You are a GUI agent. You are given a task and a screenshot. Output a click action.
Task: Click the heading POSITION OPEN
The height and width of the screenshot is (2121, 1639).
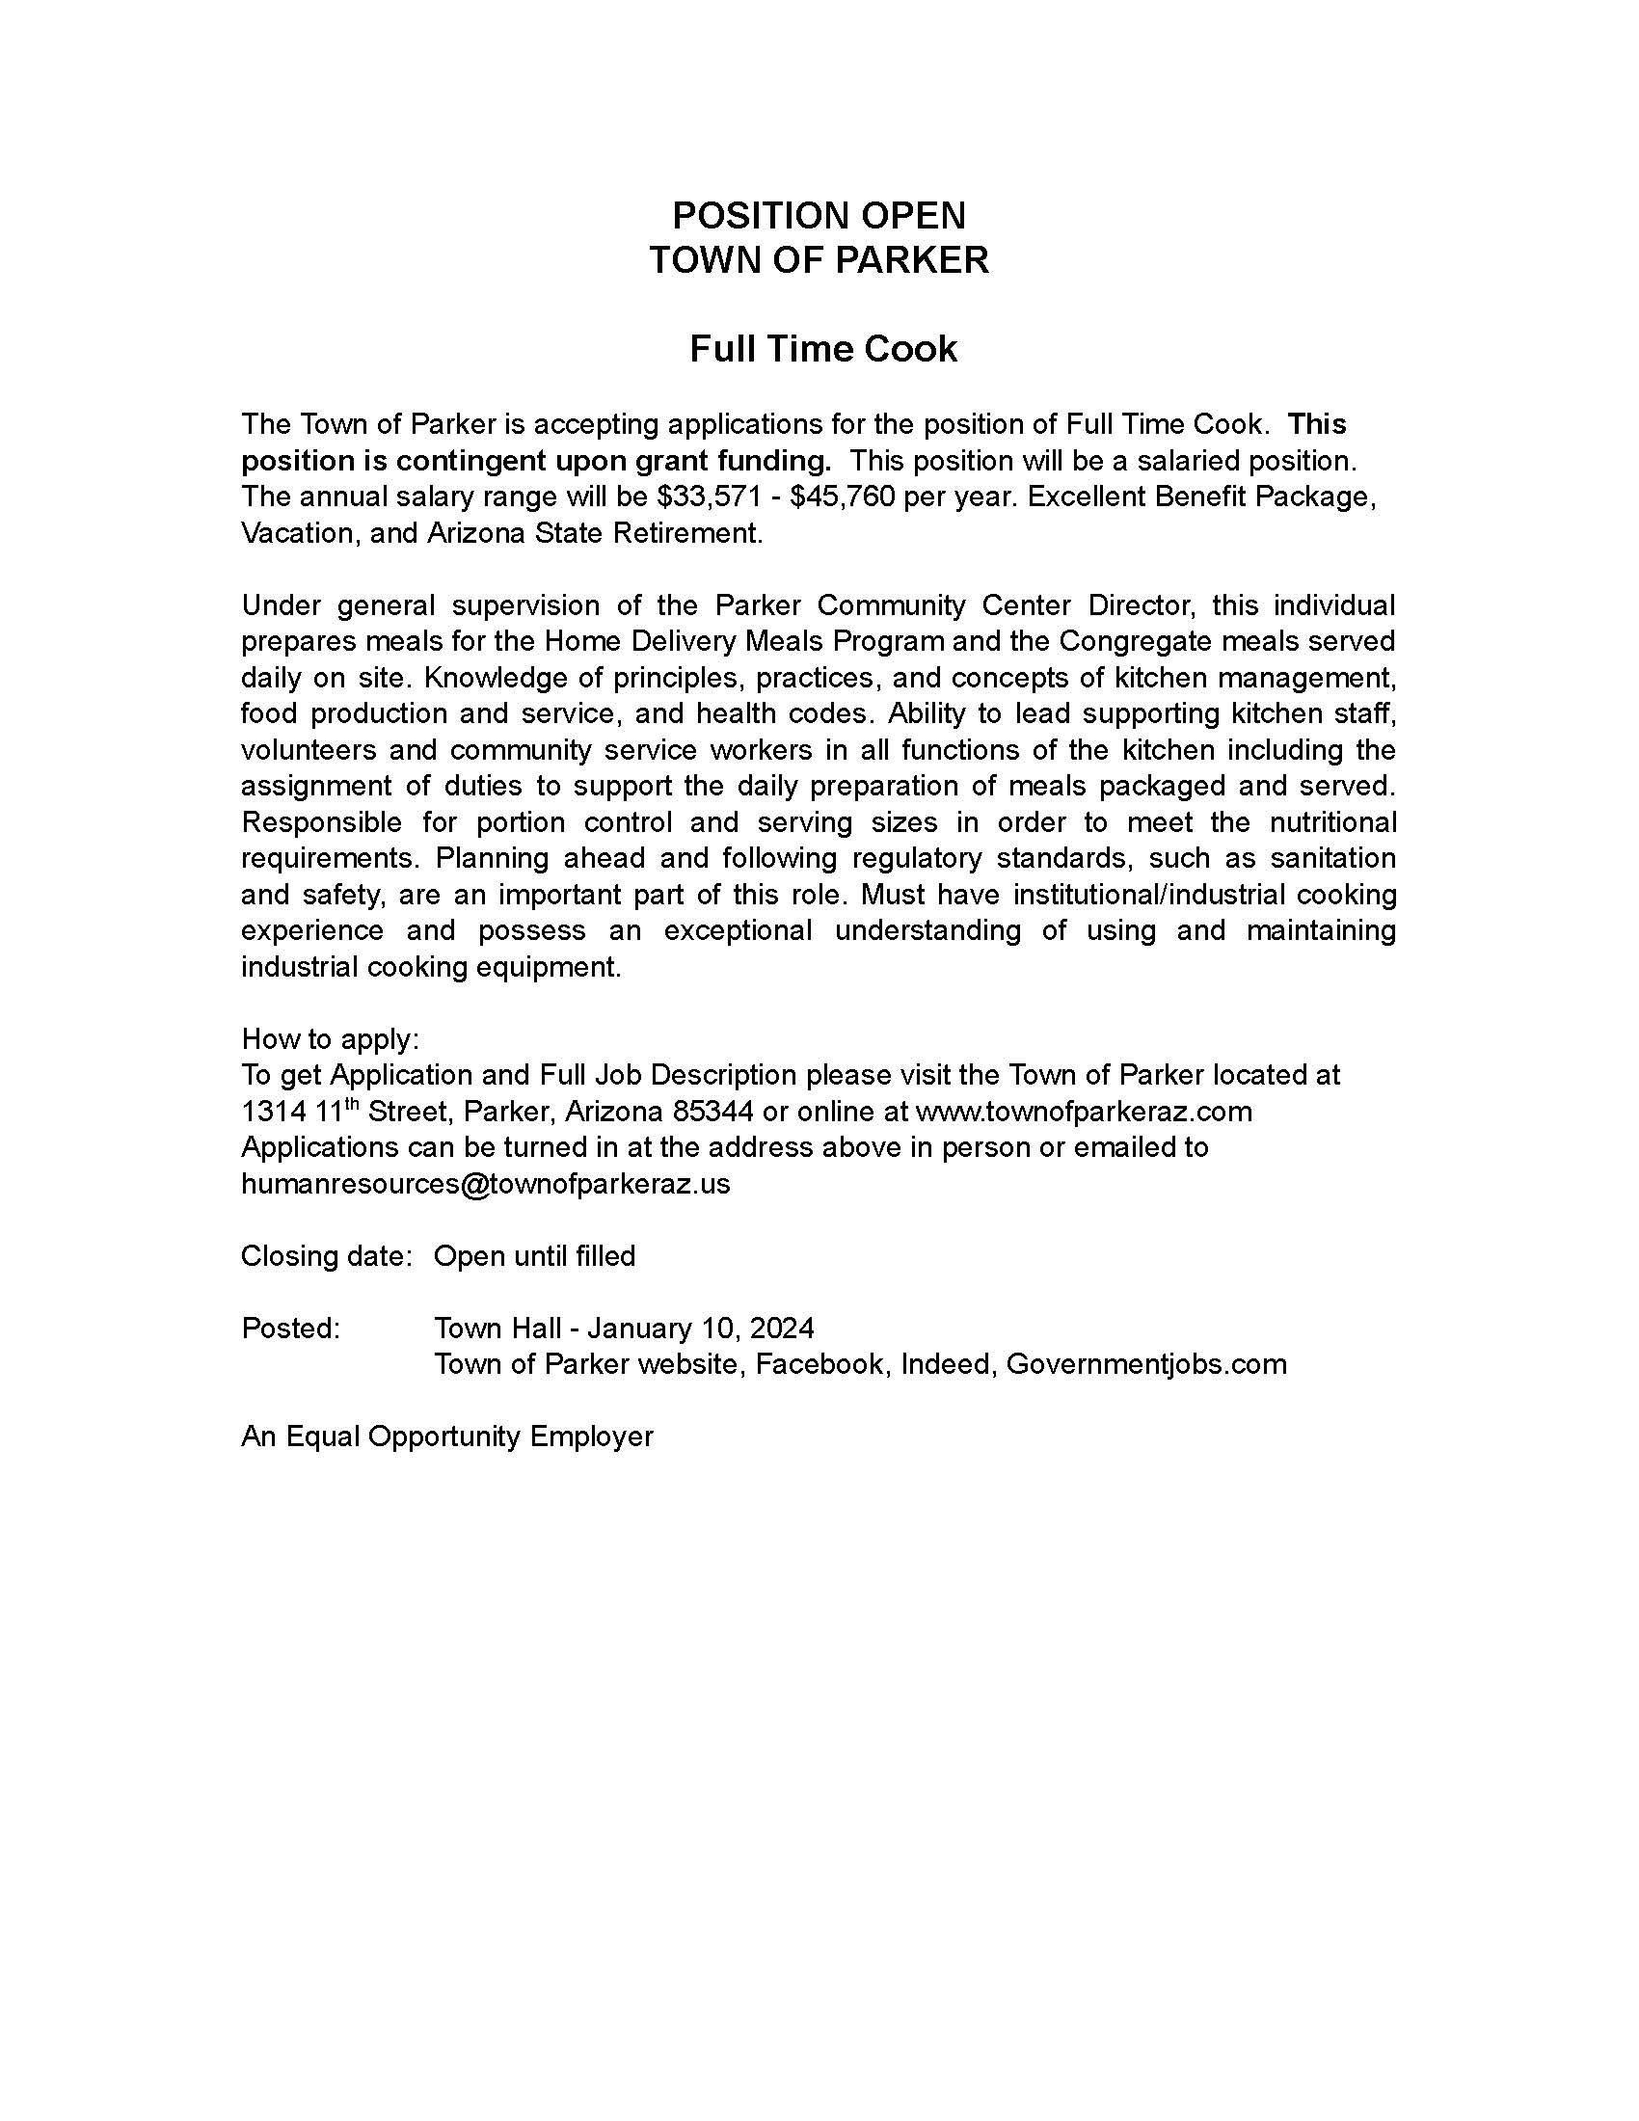[819, 215]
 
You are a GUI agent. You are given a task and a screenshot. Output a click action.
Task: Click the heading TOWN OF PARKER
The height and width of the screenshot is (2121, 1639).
[819, 260]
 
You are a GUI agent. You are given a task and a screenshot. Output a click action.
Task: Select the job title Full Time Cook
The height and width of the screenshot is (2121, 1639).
[822, 349]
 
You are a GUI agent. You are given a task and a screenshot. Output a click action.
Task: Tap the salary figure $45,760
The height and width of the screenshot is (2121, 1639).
[842, 497]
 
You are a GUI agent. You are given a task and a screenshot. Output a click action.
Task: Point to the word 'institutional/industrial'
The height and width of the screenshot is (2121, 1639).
[1108, 894]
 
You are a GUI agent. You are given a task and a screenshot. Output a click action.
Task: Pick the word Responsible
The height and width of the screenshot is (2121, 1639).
[321, 821]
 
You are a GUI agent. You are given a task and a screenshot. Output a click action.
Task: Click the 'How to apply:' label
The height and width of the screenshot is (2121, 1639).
[330, 1038]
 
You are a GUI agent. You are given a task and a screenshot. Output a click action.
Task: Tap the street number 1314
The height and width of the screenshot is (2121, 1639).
[273, 1111]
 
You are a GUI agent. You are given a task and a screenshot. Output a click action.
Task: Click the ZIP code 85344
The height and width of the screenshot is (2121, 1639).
[712, 1111]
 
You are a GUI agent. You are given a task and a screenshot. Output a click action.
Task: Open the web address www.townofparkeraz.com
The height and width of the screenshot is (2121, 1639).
[1084, 1111]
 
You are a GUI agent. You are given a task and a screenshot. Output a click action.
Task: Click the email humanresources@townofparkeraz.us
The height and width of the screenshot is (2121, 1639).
[486, 1183]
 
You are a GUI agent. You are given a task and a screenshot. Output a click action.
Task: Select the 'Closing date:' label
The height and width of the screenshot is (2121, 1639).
[327, 1255]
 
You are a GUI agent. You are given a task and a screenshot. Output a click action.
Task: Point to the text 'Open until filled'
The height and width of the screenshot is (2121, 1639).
[534, 1255]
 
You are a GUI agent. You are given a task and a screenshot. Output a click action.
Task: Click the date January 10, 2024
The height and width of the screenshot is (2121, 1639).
[701, 1328]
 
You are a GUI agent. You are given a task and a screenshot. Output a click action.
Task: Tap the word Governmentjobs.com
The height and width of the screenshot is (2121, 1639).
[1145, 1363]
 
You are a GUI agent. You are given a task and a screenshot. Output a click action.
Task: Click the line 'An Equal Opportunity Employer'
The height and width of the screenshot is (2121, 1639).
[446, 1436]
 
